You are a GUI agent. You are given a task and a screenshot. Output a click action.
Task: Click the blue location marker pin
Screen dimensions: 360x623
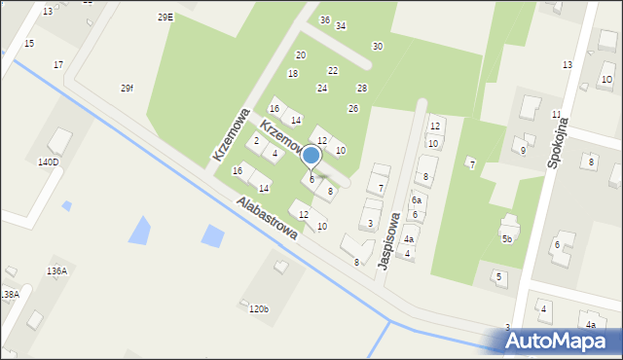click(311, 156)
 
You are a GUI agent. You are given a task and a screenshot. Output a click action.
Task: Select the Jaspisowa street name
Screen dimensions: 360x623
click(389, 240)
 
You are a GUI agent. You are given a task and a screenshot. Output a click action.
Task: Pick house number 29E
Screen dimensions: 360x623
click(165, 17)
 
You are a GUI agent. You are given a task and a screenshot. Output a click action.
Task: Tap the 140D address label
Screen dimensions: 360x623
click(48, 162)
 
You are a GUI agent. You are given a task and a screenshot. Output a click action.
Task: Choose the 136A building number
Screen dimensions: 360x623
click(56, 270)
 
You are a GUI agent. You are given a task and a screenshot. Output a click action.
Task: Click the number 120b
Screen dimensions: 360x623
click(258, 309)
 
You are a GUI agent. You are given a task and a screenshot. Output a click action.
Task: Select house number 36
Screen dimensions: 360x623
click(325, 19)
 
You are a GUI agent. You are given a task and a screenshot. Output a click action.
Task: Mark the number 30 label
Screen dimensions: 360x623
click(377, 46)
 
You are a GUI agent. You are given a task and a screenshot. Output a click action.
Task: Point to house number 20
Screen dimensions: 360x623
click(301, 54)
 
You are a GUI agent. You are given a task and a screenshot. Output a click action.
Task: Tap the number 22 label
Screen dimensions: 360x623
click(333, 70)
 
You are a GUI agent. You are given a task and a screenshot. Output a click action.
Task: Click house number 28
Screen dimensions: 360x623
click(362, 89)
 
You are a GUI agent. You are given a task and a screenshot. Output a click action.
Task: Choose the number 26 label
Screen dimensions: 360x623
click(353, 108)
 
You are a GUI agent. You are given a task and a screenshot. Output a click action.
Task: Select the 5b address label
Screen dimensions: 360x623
click(507, 239)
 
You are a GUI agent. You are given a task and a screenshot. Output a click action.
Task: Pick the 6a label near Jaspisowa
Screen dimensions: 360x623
click(417, 199)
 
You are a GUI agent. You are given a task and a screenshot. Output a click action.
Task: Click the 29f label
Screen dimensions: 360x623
click(128, 89)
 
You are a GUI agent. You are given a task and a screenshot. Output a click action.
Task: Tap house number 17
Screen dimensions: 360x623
click(58, 64)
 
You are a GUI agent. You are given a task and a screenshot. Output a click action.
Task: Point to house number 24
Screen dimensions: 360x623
click(321, 89)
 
